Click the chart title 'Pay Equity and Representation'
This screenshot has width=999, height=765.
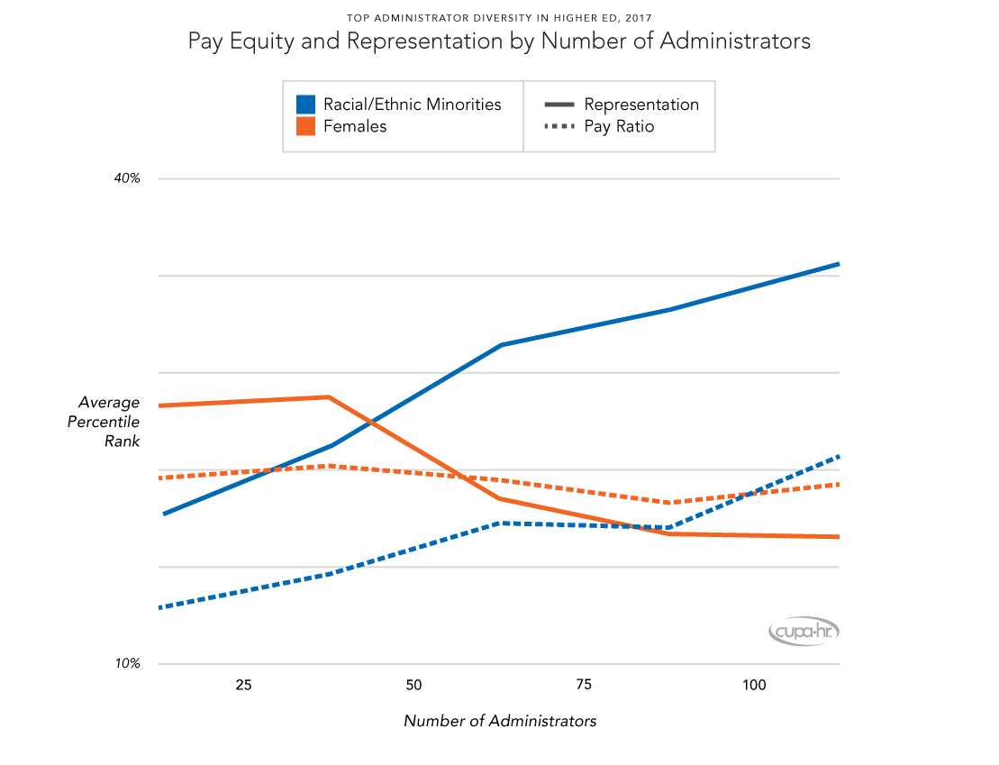[499, 41]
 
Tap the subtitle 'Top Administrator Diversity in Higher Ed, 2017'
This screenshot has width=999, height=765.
[499, 17]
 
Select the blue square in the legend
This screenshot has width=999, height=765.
[305, 105]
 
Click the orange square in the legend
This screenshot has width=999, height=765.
[305, 127]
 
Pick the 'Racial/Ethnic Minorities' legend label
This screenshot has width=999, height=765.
[413, 105]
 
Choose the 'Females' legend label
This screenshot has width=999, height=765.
[355, 127]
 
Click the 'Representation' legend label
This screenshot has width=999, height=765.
[641, 105]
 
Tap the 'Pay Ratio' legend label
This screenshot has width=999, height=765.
[619, 127]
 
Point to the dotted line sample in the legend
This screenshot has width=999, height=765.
[559, 127]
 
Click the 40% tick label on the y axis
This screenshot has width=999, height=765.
[127, 178]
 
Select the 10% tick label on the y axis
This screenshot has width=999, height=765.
[127, 664]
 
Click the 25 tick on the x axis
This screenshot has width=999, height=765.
[243, 686]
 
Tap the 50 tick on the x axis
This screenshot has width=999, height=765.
[413, 686]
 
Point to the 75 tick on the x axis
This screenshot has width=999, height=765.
[584, 686]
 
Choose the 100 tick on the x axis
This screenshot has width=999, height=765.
[754, 686]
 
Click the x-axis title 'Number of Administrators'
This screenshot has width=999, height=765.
[499, 721]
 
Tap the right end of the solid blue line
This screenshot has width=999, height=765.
[839, 264]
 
